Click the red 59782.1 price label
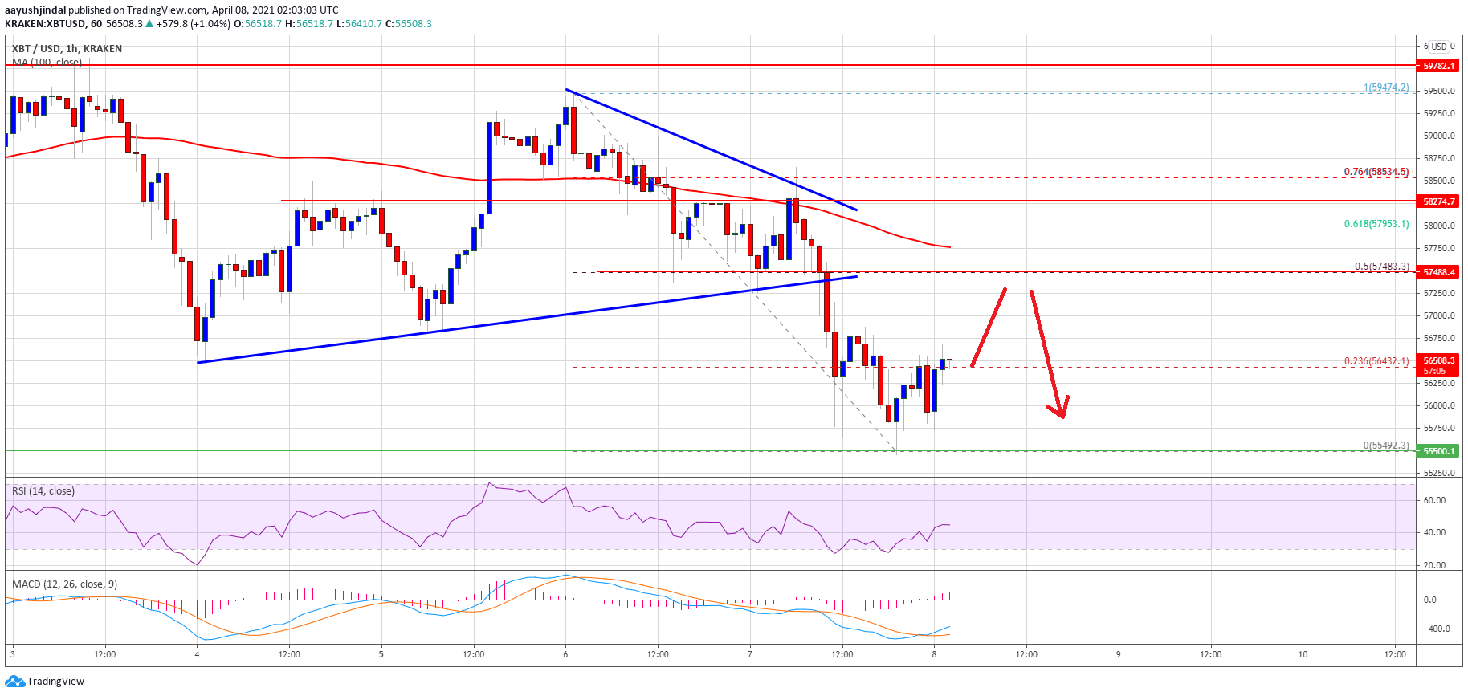[x=1438, y=66]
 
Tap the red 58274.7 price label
[x=1438, y=201]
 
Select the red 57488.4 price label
[x=1438, y=272]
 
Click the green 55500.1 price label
[x=1438, y=451]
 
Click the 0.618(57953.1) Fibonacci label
[x=1376, y=224]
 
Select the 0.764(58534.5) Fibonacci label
[x=1376, y=172]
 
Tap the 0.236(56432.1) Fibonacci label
[x=1376, y=361]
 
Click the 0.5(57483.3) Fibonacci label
[x=1381, y=267]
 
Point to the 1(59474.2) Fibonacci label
[x=1385, y=88]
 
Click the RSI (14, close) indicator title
[x=43, y=491]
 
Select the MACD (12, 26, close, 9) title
[x=64, y=584]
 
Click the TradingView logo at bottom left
[x=45, y=682]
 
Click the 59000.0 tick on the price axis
[x=1438, y=136]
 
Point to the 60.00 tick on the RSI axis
[x=1434, y=500]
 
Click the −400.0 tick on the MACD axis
[x=1435, y=629]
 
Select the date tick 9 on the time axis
[x=1118, y=654]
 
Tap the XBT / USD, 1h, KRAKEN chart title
[x=67, y=49]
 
